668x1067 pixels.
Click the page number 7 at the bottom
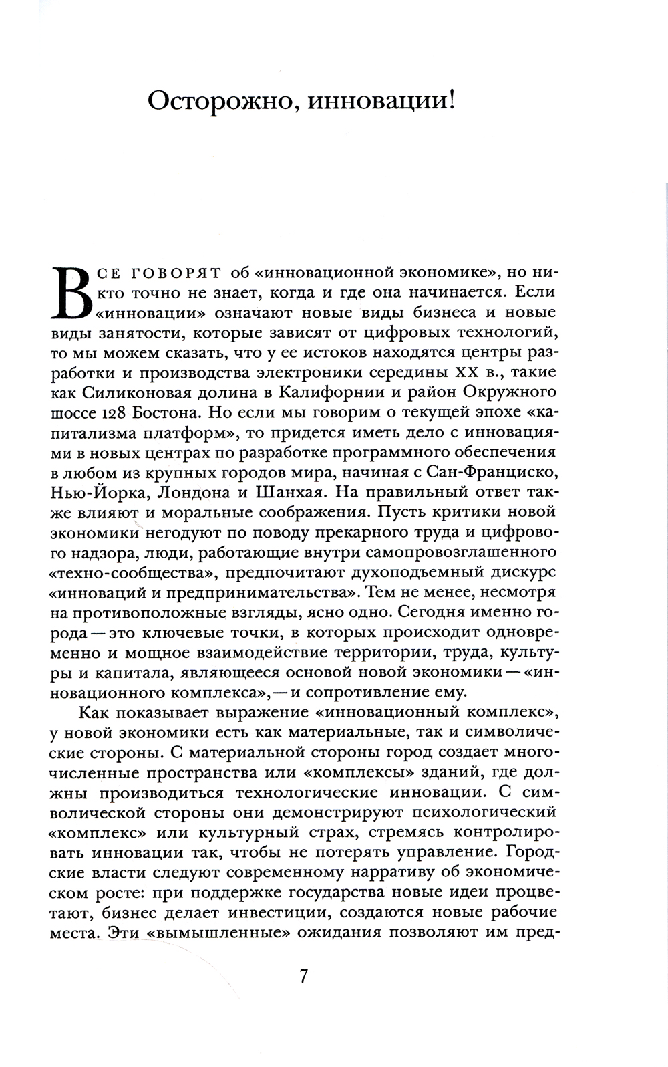click(303, 977)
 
